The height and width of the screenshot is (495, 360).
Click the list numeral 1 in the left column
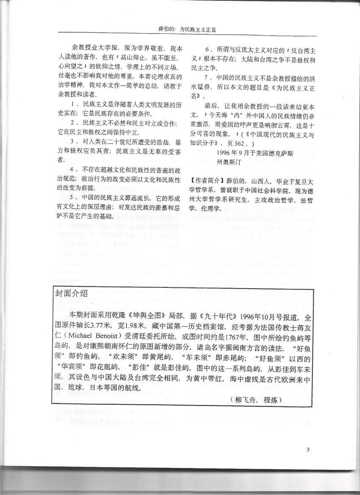click(x=72, y=103)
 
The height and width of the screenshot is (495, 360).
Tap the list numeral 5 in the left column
click(x=72, y=198)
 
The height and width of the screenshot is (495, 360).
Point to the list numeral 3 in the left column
click(x=72, y=141)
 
